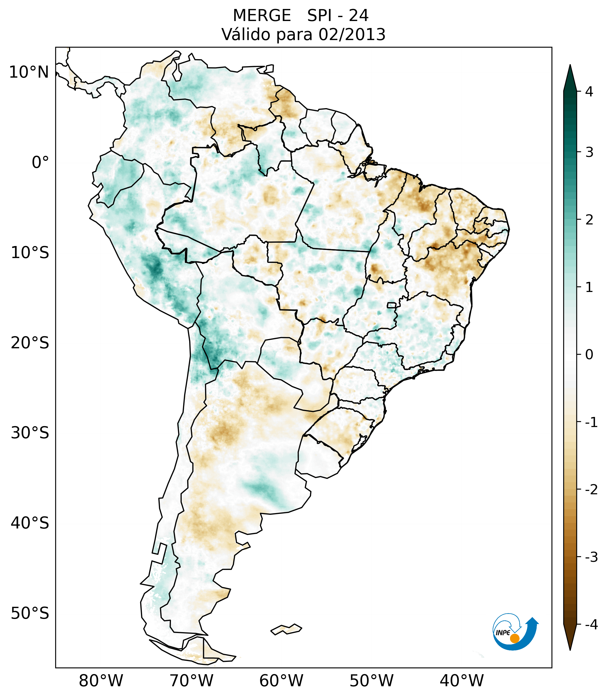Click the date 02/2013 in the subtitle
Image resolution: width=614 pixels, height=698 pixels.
[x=352, y=34]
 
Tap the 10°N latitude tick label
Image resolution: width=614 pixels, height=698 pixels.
[x=29, y=72]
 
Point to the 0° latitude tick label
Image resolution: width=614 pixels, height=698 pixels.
[x=40, y=163]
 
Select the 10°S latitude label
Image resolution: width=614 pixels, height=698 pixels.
[x=30, y=253]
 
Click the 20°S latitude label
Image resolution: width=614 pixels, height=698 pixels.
[x=30, y=343]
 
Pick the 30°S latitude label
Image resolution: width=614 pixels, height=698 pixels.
[x=30, y=433]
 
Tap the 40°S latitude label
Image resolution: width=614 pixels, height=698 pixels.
[x=30, y=523]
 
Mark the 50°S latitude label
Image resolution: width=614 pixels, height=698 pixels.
[x=30, y=613]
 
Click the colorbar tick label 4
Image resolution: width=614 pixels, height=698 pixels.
[x=589, y=92]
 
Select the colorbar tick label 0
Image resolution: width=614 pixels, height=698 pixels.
[x=589, y=354]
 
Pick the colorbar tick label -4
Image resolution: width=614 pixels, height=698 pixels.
[x=591, y=625]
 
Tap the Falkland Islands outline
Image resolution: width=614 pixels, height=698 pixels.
[x=286, y=629]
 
